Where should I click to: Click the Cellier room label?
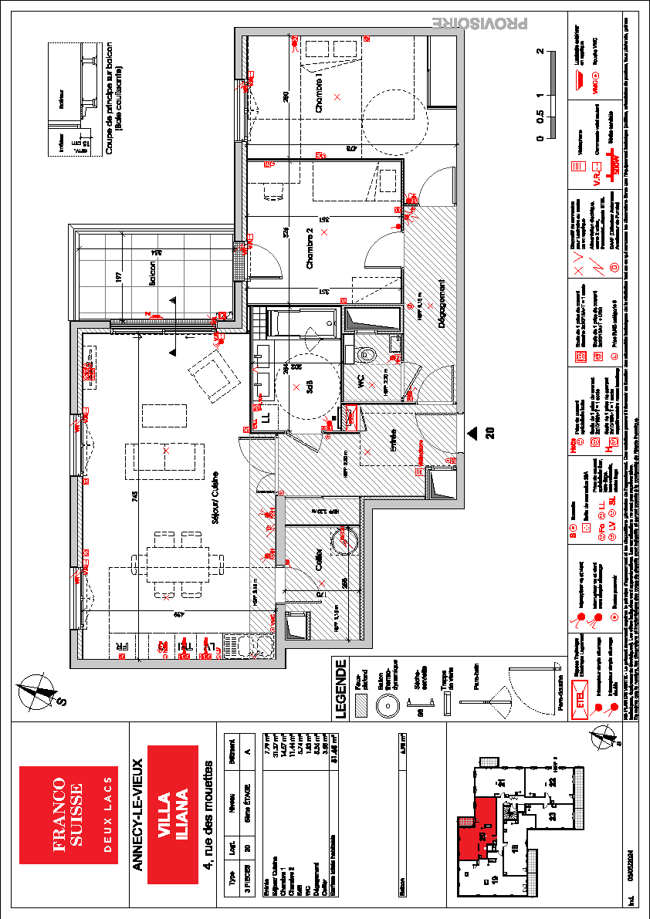319,559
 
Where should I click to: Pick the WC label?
360,382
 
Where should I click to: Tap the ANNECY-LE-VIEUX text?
137,815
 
